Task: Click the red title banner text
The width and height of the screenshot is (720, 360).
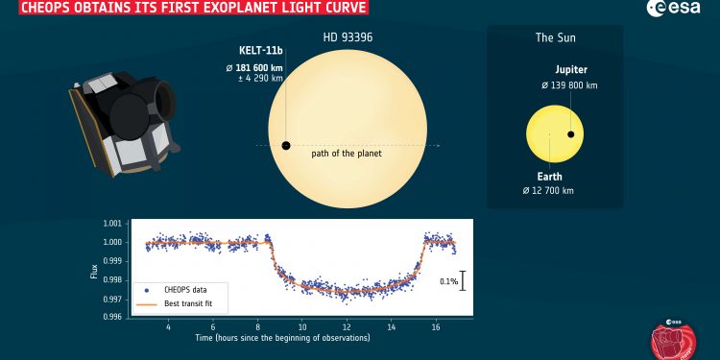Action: (182, 11)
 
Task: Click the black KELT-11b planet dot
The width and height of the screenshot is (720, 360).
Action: (285, 146)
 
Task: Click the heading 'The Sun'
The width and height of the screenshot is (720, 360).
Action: (555, 39)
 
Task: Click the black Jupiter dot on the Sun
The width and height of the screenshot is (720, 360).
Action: (571, 134)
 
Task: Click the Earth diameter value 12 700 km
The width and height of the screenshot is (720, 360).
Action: (555, 191)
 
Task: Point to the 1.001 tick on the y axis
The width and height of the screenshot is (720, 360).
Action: (113, 223)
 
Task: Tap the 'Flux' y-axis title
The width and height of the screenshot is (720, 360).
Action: (94, 271)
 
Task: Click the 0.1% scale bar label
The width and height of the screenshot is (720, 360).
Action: (448, 281)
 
